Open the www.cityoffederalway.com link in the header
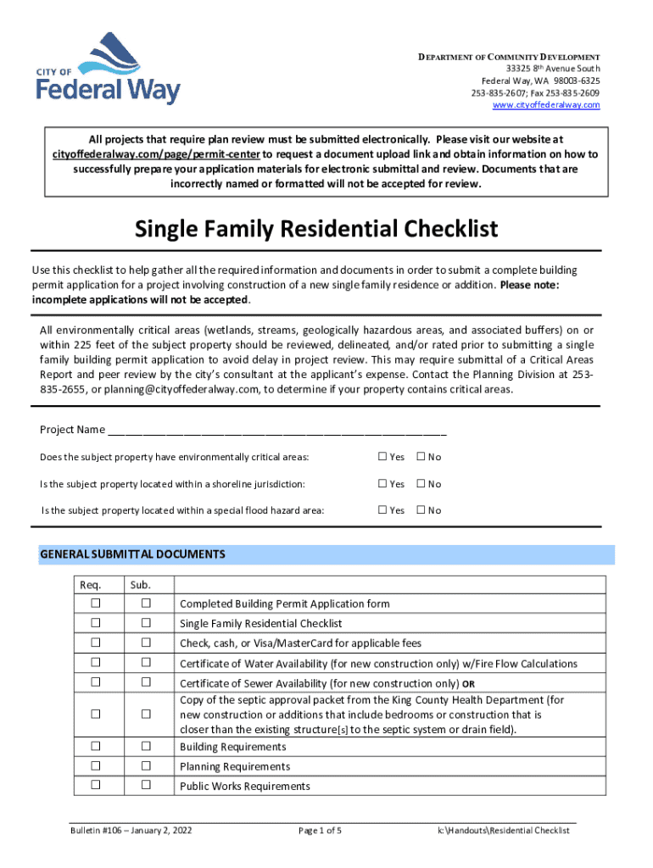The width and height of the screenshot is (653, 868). (x=546, y=104)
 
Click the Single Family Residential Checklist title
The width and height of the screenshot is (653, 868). (x=316, y=229)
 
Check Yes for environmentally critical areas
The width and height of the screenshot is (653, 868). (x=382, y=457)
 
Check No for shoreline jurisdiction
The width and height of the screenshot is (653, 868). (x=421, y=484)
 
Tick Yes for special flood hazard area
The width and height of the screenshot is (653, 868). (x=382, y=510)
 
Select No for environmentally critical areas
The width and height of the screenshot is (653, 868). (x=421, y=457)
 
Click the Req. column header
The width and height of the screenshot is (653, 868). (x=90, y=585)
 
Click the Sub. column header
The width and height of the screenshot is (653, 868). (x=140, y=585)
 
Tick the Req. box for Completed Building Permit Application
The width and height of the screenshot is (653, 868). (x=95, y=603)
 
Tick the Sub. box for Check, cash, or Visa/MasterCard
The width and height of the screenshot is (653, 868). (x=146, y=642)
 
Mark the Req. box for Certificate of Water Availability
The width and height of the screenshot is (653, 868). (x=95, y=662)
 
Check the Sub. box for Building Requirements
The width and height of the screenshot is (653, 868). (x=146, y=746)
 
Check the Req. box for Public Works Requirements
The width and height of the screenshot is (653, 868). (x=95, y=785)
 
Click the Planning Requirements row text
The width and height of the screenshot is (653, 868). (x=234, y=766)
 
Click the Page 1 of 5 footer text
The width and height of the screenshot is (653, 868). (x=320, y=831)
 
